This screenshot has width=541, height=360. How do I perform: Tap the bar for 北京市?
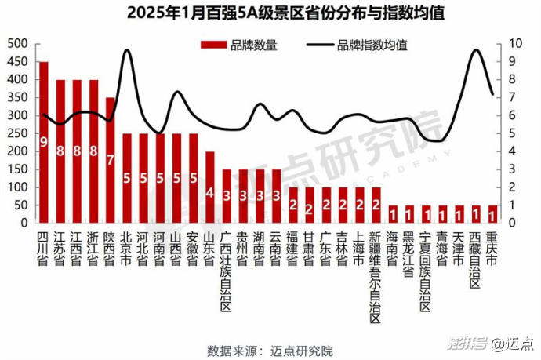[x=126, y=177]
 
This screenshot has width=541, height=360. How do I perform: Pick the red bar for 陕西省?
[x=110, y=160]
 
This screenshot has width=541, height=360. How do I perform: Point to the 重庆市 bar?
[x=492, y=214]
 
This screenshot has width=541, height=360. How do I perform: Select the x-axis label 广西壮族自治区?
[x=226, y=271]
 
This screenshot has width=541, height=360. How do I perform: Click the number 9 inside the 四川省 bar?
[x=44, y=142]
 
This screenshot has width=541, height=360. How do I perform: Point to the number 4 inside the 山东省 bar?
[x=210, y=192]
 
